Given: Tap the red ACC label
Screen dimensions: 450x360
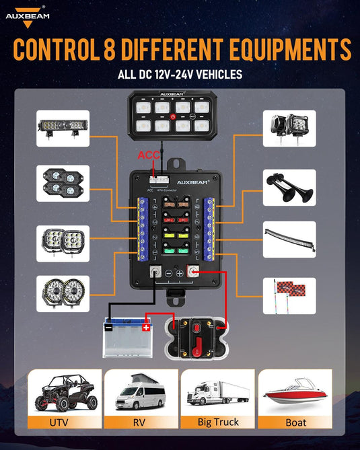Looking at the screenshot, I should tap(149, 155).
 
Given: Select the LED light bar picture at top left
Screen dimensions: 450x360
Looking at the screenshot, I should tap(63, 128).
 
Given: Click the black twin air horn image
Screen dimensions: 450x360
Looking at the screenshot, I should tap(289, 188).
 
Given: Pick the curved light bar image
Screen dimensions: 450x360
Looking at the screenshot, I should tap(289, 239).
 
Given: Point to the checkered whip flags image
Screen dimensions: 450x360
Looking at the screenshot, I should tap(289, 291).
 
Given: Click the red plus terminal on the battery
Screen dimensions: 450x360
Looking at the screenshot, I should tap(146, 328).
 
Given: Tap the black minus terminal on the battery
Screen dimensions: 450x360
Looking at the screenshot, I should tap(109, 328).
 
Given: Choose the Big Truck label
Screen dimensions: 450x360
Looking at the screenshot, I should tap(217, 422).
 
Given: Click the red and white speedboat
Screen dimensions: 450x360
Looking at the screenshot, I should tap(295, 396).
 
